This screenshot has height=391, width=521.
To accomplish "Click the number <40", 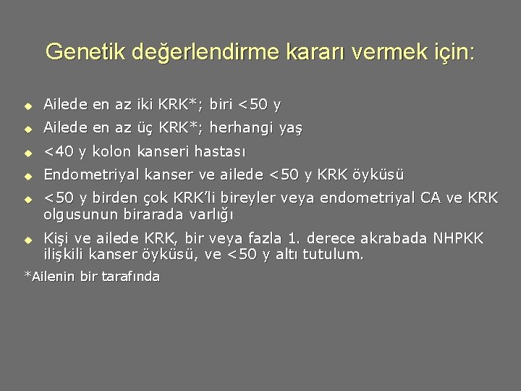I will pos(59,152).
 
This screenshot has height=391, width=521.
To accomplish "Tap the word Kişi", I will pos(58,238).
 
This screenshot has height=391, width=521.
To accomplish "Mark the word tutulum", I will pos(333,255).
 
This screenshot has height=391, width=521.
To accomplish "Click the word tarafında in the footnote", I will pos(130,277).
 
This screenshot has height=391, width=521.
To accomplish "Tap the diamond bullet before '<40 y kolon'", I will pos(27,153).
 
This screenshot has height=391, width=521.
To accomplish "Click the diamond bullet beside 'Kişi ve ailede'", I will pos(27,239).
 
